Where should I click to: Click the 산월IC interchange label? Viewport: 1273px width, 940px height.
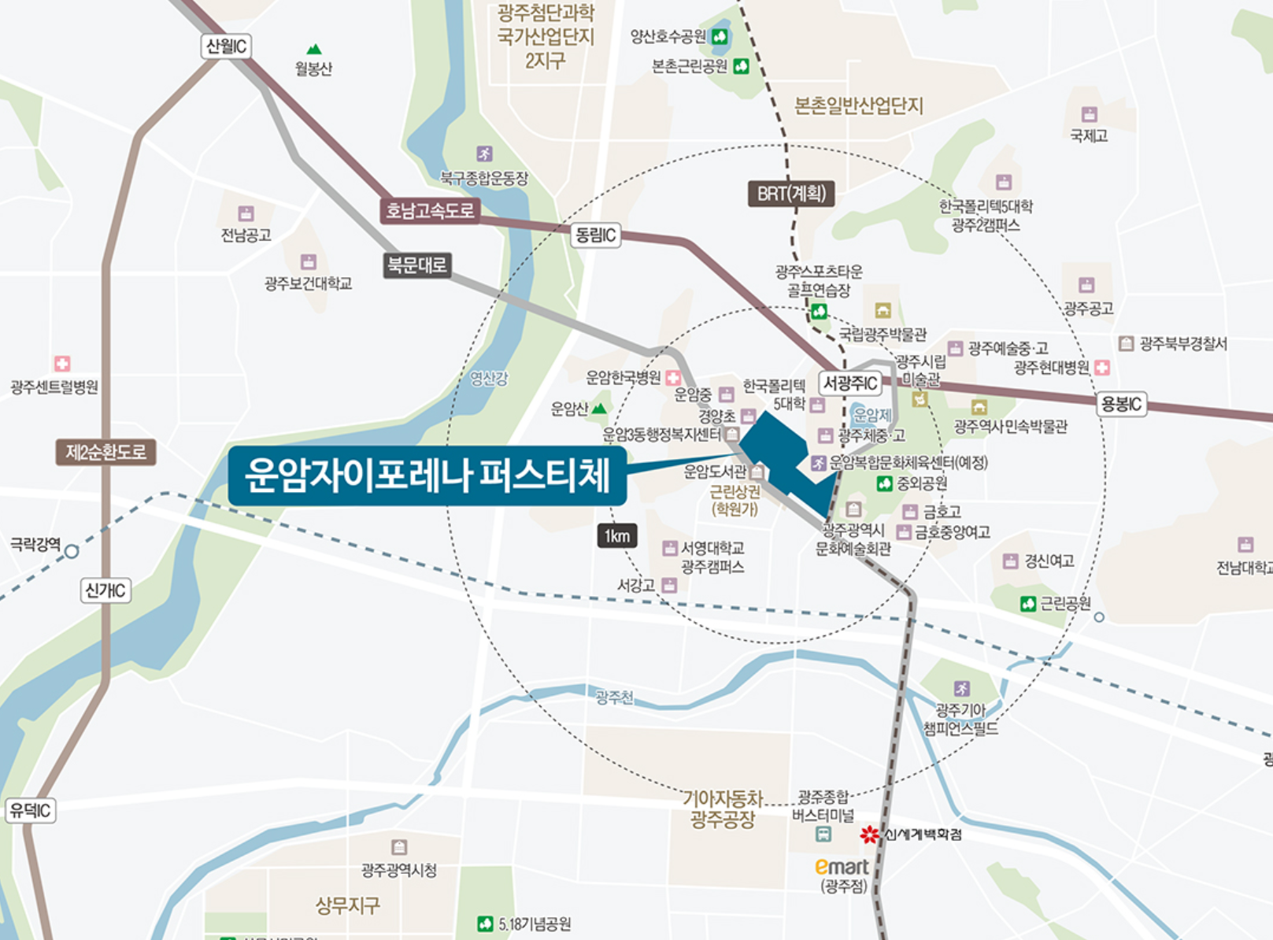[x=226, y=46]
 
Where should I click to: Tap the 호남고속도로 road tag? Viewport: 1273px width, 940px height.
[x=430, y=210]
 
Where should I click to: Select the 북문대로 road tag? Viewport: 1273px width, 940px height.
[x=417, y=265]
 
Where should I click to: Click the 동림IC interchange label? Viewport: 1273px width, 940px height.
[x=595, y=235]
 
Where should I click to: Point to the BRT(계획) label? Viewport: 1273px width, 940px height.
[x=790, y=194]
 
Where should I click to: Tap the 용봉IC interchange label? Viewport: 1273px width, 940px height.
[x=1121, y=405]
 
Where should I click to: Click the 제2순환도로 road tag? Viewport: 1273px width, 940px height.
[x=105, y=453]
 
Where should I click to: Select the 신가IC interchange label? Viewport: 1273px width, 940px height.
[x=105, y=590]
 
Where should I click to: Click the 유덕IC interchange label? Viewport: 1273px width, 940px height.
[x=31, y=810]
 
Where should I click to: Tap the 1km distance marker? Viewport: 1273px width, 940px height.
[x=617, y=537]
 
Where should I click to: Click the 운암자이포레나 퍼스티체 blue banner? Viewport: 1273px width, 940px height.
[x=427, y=476]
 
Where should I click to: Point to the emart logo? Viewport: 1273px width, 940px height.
[x=842, y=867]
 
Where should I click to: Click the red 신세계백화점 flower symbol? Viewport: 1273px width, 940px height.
[x=869, y=835]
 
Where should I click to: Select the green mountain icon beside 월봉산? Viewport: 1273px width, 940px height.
[x=314, y=50]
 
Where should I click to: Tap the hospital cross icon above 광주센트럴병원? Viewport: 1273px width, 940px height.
[x=62, y=364]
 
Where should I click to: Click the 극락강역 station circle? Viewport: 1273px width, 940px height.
[x=72, y=551]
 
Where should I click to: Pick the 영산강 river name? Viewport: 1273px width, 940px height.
[x=489, y=379]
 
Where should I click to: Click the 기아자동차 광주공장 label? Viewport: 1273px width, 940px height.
[x=723, y=809]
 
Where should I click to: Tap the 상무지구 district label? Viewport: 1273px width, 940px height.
[x=348, y=905]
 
